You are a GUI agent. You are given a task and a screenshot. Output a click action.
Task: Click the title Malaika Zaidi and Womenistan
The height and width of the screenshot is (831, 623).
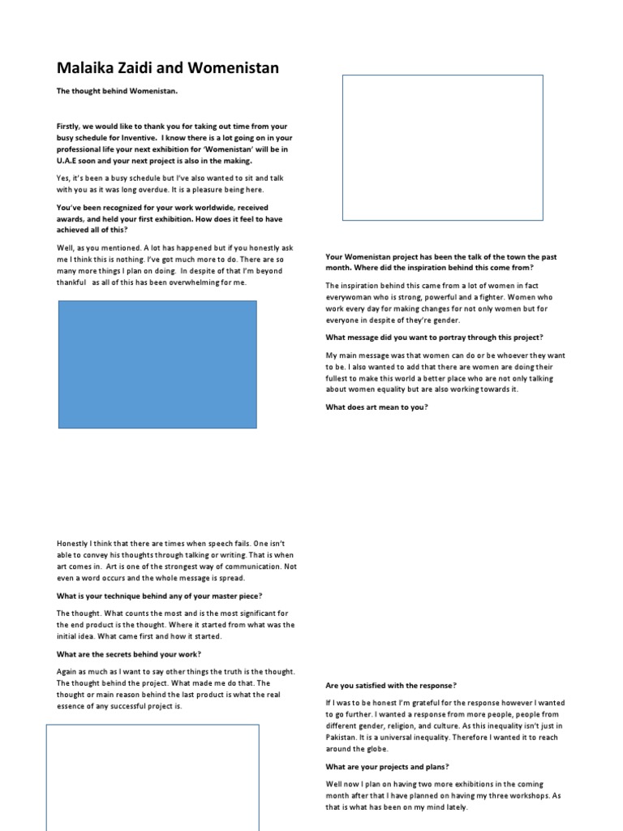(x=168, y=68)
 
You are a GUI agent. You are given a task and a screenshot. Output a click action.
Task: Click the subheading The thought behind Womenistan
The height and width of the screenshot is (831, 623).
(x=117, y=91)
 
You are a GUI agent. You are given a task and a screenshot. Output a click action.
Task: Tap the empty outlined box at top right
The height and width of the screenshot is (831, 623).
(x=442, y=147)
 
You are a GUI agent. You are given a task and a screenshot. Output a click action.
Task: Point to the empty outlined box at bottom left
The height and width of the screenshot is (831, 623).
(x=153, y=775)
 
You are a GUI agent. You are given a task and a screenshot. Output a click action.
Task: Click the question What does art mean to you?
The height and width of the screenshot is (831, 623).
(x=376, y=407)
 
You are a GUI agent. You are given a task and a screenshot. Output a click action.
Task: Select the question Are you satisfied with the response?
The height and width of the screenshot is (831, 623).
(x=391, y=685)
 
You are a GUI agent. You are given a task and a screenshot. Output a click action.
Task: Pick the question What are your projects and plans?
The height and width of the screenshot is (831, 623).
(x=388, y=766)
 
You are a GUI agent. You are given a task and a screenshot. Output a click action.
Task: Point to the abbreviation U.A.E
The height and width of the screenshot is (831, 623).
(x=68, y=161)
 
